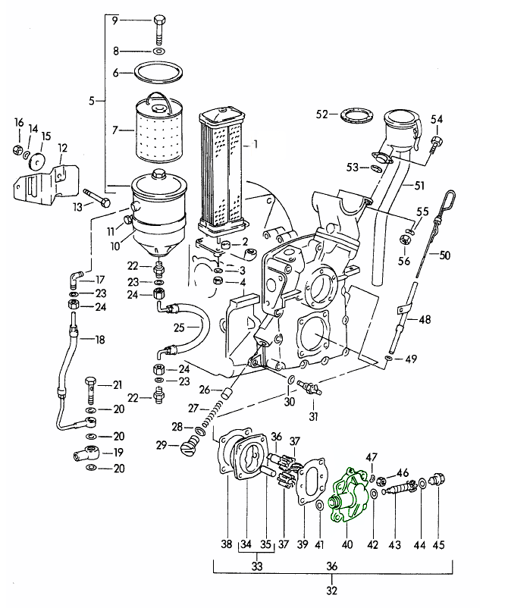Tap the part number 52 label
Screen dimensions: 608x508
pos(321,114)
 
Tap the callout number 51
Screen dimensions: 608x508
pos(419,184)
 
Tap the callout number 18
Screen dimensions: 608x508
pos(99,340)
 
